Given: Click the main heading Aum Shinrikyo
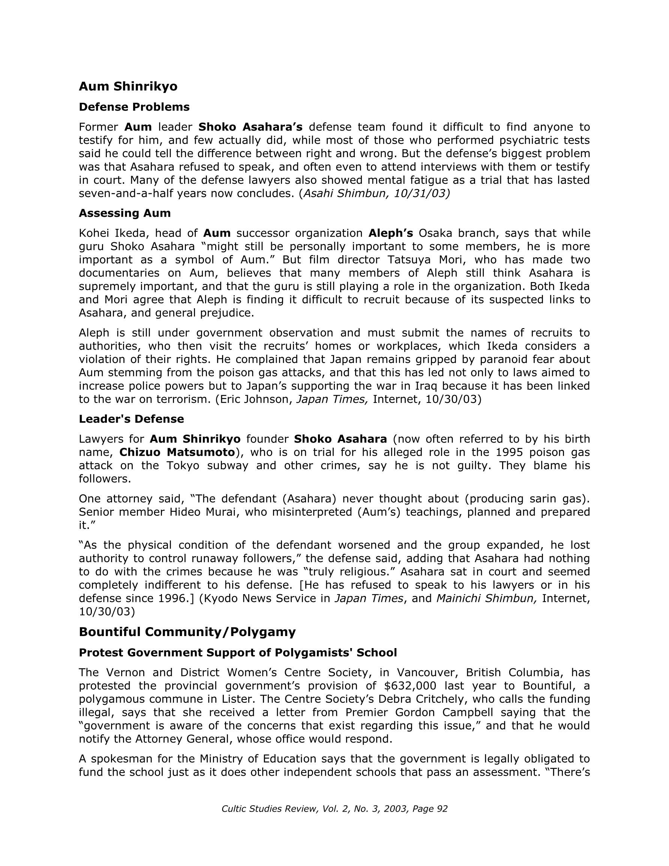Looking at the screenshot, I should pos(128,86).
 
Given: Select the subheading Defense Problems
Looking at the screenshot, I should pos(134,107).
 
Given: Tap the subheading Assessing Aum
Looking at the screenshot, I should pos(124,213).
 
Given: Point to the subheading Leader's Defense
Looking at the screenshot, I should pos(131,419).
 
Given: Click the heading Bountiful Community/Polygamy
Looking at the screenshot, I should pos(187,632).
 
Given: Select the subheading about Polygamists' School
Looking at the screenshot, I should pos(237,653).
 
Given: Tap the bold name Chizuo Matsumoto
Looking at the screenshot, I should pos(177,452).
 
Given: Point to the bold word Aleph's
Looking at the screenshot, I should pos(391,233).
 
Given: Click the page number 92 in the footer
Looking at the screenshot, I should pos(442,809).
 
